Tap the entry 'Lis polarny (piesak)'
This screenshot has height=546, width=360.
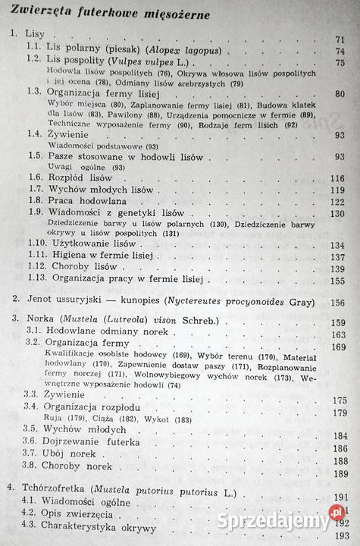click(x=98, y=50)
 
